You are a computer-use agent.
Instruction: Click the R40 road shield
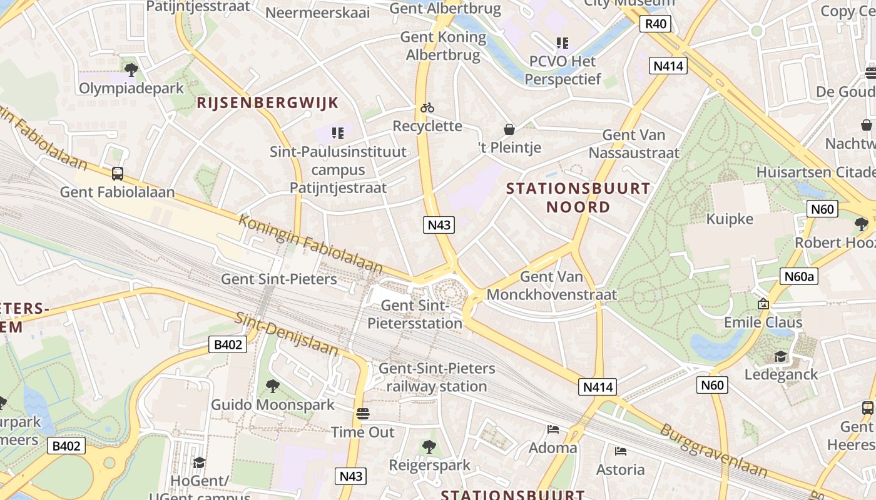655,24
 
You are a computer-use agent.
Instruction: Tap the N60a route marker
799,276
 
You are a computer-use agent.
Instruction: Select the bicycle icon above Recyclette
427,107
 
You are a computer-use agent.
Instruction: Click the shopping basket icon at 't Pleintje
509,129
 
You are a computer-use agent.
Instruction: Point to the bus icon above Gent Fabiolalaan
117,174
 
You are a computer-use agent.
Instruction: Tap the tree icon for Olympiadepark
131,69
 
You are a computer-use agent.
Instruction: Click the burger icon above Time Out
362,414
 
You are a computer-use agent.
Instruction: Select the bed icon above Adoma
553,429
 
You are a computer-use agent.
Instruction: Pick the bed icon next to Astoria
620,451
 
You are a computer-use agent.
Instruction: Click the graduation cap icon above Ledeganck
780,356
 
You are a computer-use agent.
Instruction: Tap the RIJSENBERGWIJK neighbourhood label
268,103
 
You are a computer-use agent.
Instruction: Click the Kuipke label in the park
730,219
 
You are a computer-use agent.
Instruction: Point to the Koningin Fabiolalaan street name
310,244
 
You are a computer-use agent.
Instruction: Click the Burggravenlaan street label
713,451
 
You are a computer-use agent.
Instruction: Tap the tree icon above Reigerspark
429,446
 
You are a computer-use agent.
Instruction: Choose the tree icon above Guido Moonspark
272,386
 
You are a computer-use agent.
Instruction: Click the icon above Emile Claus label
763,304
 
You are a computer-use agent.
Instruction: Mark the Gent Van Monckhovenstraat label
551,286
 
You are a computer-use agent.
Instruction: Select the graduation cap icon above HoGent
199,462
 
